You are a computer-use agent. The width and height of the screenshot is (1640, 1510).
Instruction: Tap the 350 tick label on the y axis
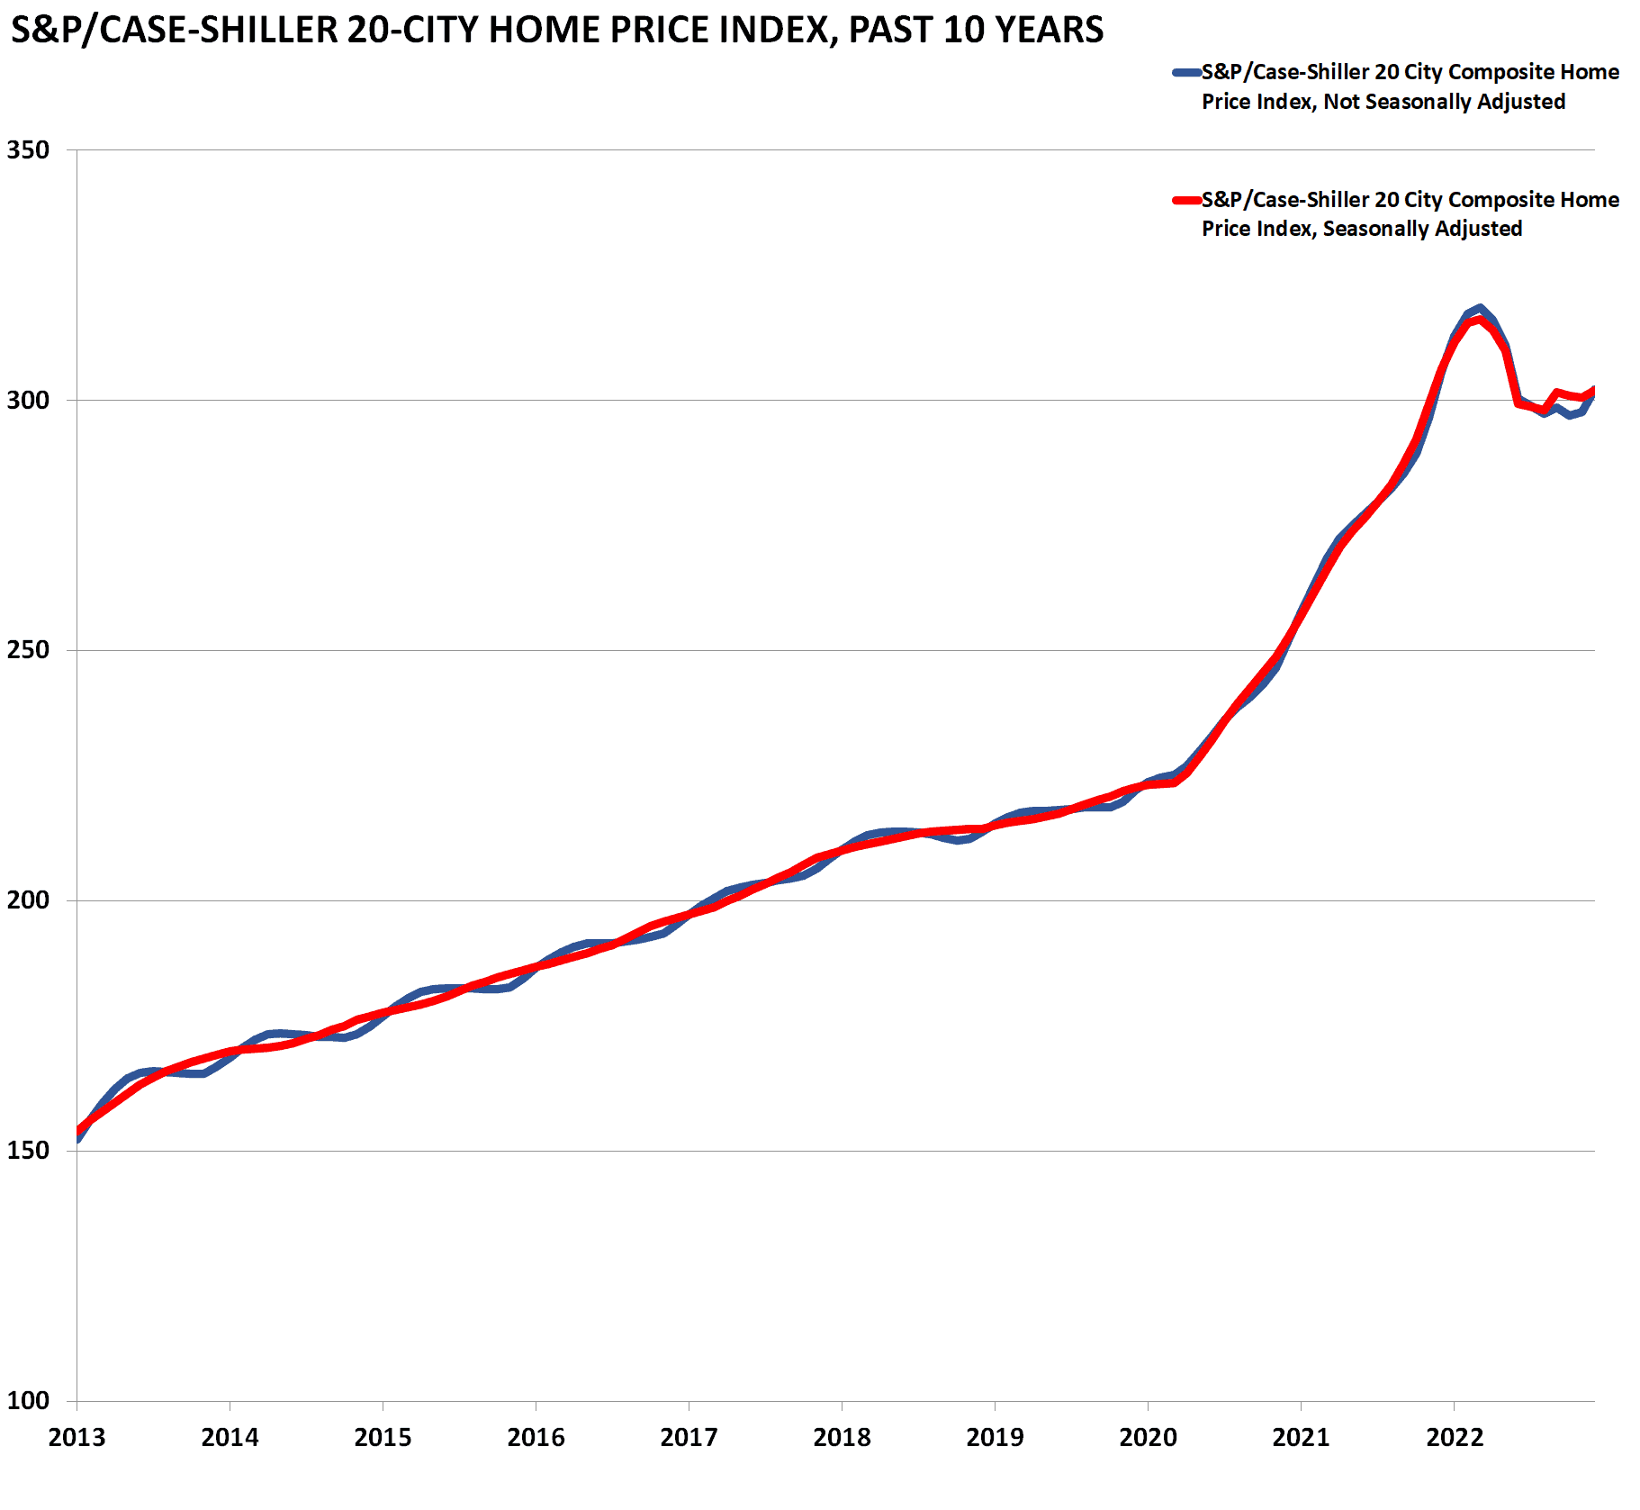28,149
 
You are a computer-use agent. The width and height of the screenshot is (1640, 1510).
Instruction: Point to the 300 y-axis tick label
28,400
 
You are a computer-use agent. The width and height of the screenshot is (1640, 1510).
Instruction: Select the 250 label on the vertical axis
28,650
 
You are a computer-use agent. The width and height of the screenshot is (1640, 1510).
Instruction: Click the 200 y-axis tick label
28,900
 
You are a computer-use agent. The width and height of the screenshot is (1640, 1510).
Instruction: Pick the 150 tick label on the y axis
28,1151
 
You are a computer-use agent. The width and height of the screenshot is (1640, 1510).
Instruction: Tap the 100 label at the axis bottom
28,1401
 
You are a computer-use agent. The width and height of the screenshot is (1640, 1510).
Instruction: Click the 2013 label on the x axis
77,1438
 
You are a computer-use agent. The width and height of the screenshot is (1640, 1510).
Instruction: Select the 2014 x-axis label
230,1438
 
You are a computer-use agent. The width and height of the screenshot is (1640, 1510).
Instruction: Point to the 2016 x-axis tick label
536,1438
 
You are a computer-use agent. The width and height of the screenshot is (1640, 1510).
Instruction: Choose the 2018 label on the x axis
842,1438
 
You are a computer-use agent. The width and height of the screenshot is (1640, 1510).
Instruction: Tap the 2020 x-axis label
1148,1438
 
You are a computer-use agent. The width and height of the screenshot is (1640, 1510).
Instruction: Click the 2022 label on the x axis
1454,1438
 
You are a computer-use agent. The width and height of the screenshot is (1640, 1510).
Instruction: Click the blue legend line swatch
1186,72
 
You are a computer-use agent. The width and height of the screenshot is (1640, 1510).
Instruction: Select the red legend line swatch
1186,200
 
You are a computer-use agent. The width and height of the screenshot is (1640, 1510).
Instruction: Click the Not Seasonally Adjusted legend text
1444,102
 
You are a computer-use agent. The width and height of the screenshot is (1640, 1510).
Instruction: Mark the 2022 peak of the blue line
1480,308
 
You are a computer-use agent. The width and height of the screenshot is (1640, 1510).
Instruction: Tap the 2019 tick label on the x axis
995,1438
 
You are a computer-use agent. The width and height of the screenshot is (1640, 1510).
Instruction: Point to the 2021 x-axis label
1301,1438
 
